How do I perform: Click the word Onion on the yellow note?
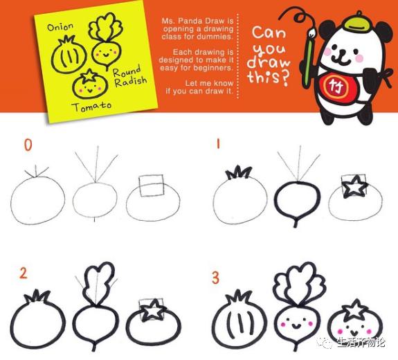[60, 27]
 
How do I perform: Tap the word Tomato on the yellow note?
[91, 107]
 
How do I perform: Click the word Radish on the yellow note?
[130, 81]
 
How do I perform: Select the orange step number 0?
[28, 145]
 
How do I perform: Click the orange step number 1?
[218, 144]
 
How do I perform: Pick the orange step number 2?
[23, 273]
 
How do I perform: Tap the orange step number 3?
[215, 278]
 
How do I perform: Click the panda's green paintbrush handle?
[308, 64]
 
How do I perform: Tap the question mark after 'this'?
[285, 78]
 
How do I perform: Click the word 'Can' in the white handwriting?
[269, 33]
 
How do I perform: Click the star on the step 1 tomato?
[354, 187]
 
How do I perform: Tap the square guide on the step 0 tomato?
[151, 186]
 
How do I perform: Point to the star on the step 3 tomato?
[355, 309]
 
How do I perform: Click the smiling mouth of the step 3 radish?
[295, 325]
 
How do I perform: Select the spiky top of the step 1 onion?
[239, 172]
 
